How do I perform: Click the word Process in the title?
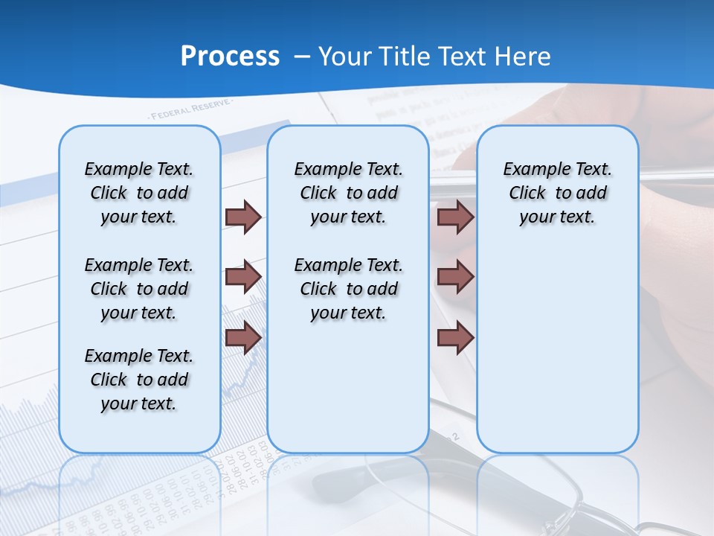(230, 57)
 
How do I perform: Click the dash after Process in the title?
(302, 57)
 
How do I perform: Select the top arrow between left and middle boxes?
(243, 217)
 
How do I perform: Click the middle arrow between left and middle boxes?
(243, 277)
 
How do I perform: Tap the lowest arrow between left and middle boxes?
(243, 337)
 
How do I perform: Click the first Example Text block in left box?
(139, 193)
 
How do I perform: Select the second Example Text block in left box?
(139, 289)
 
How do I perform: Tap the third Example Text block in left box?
(139, 380)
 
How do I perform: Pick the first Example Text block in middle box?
(348, 193)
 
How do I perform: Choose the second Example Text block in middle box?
(348, 289)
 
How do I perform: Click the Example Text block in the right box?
(557, 193)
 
